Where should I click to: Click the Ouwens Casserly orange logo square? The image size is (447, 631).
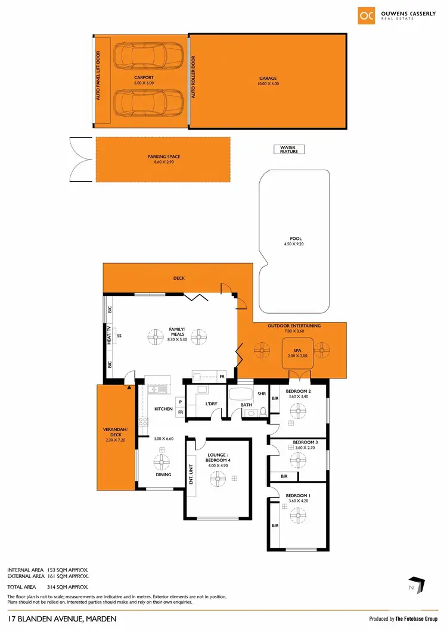(x=367, y=15)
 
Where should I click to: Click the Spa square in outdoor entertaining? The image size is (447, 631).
(x=293, y=353)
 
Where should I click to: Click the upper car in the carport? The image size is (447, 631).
(x=142, y=58)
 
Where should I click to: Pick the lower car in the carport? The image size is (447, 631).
(x=142, y=102)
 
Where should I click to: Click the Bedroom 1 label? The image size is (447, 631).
(x=297, y=495)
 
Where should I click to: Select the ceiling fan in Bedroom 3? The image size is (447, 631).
(x=297, y=459)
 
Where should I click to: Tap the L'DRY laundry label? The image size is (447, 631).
(x=211, y=405)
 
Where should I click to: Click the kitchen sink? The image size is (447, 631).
(x=159, y=390)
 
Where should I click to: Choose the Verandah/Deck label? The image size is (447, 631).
(x=116, y=435)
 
